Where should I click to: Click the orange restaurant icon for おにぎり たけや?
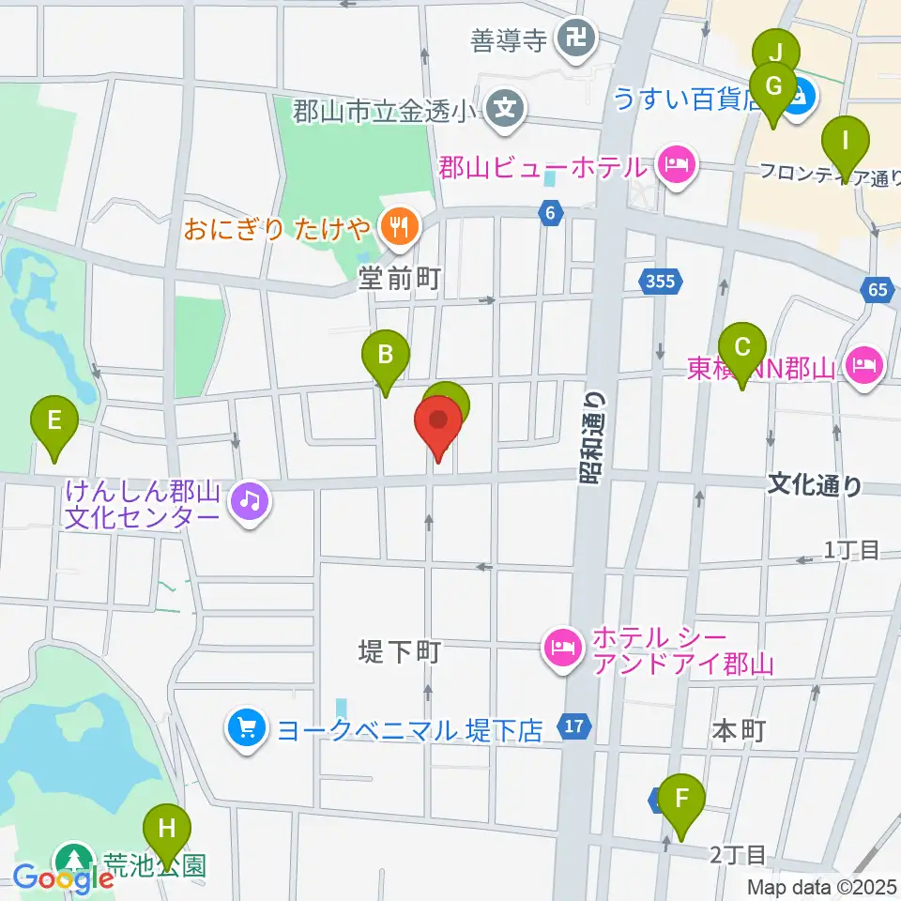400,225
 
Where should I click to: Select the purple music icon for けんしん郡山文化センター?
249,500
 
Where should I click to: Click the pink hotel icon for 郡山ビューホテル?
676,167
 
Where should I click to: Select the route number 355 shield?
664,280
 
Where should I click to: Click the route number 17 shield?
575,725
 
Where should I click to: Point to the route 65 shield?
878,290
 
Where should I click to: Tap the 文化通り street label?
815,484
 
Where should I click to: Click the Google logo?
63,878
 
